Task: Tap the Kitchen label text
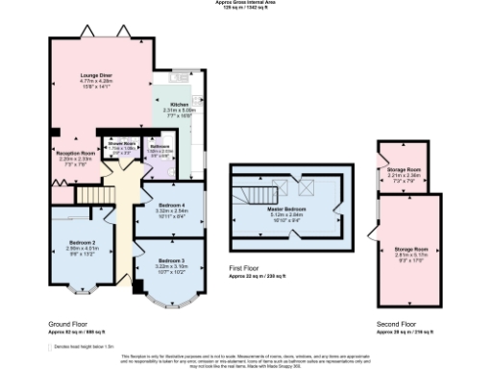click(x=180, y=104)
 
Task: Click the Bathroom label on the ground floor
click(x=159, y=147)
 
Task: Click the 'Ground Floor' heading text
click(x=66, y=326)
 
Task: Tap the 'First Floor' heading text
click(x=244, y=269)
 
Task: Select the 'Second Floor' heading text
click(x=394, y=326)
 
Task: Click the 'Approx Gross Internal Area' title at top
click(x=245, y=3)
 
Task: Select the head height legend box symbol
click(x=52, y=346)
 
